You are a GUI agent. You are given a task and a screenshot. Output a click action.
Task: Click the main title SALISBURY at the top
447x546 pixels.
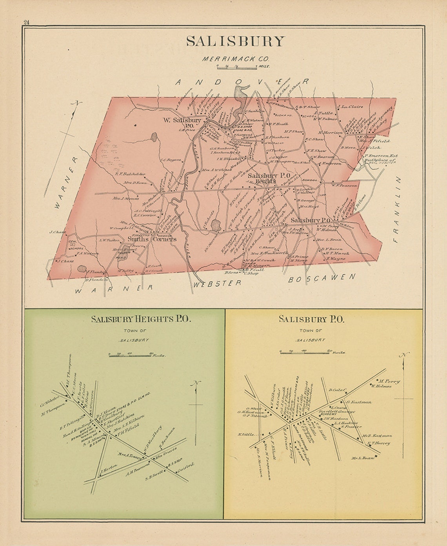coord(235,42)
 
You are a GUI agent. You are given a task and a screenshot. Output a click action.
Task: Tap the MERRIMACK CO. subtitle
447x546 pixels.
coord(235,59)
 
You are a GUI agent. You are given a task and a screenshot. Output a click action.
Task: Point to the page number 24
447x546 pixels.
coord(26,22)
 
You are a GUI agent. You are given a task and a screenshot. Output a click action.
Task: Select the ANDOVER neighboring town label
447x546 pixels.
coord(242,82)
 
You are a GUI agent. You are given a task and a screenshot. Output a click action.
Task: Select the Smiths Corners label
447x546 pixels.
coord(152,239)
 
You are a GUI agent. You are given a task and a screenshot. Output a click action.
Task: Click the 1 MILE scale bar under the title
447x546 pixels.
coord(238,68)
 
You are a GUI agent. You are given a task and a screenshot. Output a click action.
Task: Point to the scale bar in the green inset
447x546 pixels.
coord(135,355)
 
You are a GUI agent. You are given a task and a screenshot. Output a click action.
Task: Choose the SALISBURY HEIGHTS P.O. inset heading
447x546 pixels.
coord(141,319)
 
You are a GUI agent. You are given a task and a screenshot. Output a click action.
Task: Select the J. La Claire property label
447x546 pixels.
coord(350,106)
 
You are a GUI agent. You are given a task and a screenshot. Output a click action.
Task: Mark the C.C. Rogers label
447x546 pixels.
coord(170,160)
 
